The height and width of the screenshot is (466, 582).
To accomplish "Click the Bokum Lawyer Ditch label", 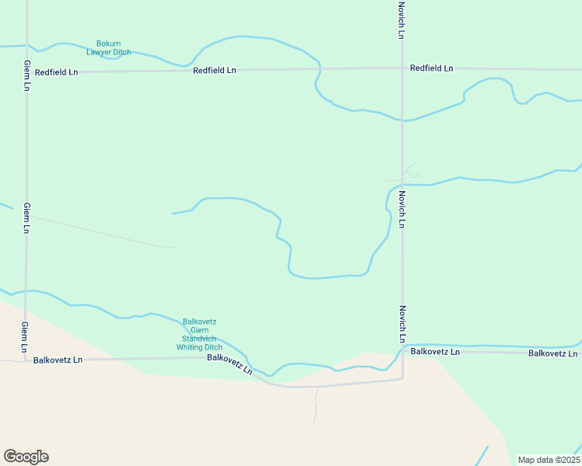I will [108, 47].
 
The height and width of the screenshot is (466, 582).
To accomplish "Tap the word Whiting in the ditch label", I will [189, 347].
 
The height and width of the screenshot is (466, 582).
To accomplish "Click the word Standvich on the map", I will [199, 339].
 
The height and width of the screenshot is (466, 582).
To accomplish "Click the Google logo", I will [26, 457].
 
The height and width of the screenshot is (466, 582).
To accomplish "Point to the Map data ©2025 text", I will [549, 460].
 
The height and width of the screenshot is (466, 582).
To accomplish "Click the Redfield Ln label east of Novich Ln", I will [432, 68].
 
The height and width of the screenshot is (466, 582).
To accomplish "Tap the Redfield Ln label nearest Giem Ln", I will [57, 72].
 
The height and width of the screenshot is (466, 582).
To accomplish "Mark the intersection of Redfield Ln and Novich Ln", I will [401, 68].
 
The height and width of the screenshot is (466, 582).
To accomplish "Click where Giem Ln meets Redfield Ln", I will [26, 72].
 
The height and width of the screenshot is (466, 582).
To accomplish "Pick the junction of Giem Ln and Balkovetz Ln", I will [26, 360].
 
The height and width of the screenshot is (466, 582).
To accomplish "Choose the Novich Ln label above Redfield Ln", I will [401, 19].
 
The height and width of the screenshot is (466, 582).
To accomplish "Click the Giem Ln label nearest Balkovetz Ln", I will [26, 336].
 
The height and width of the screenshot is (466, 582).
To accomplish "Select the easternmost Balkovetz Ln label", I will [552, 353].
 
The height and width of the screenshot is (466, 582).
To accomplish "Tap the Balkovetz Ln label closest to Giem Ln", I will [57, 360].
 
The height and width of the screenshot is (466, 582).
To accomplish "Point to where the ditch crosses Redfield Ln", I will [319, 69].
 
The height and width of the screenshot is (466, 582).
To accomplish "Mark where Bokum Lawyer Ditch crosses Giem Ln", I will [26, 46].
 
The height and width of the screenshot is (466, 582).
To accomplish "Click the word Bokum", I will [108, 43].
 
